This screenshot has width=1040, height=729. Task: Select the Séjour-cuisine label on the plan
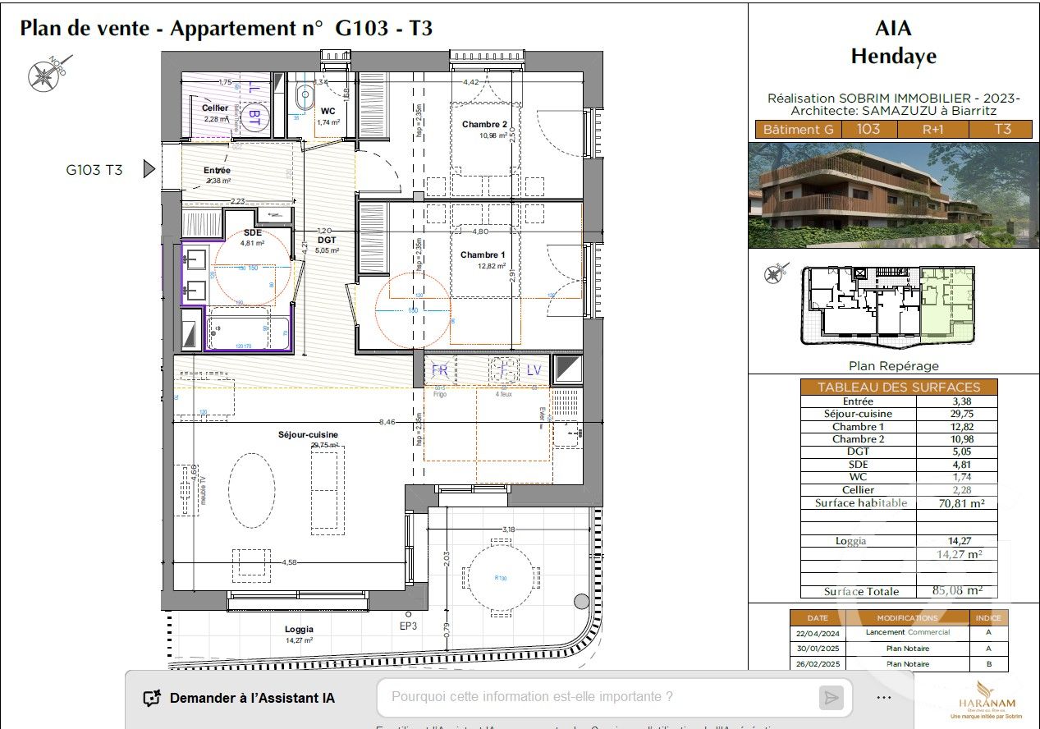[x=307, y=434]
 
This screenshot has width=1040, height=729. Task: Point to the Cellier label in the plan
[x=215, y=108]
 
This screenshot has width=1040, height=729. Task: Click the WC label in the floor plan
[x=328, y=111]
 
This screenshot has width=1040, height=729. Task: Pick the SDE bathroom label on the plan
[x=252, y=232]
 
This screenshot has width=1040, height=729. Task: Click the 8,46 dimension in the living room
[x=386, y=421]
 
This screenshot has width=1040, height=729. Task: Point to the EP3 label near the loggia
[x=408, y=626]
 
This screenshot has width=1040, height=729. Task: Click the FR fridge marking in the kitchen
[x=441, y=370]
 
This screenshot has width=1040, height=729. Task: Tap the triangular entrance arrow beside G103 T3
[x=149, y=169]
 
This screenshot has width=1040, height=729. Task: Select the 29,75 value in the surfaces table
[x=956, y=414]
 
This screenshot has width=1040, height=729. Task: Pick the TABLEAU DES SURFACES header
[x=898, y=387]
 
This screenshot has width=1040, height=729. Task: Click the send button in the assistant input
[x=831, y=698]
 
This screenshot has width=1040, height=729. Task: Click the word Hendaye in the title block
[x=893, y=57]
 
